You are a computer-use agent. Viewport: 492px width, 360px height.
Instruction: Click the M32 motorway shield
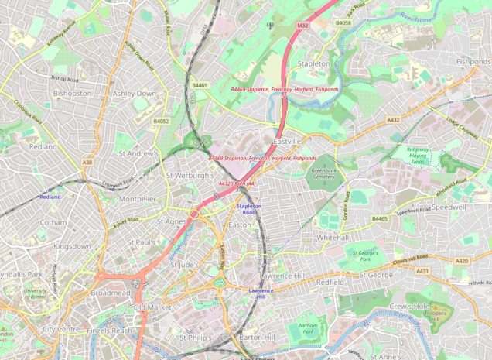tap(302, 26)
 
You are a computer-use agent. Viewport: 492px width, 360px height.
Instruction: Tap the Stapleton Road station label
tap(249, 208)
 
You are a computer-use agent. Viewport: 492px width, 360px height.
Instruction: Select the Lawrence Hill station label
tap(261, 293)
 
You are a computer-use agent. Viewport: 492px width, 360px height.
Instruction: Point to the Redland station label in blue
tap(50, 197)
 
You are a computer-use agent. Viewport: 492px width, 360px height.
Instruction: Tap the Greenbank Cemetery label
tap(323, 173)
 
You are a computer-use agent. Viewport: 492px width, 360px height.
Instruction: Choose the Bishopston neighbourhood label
tap(72, 93)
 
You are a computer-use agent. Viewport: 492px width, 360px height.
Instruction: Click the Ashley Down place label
tap(134, 93)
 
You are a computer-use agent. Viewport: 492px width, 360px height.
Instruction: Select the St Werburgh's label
tap(190, 175)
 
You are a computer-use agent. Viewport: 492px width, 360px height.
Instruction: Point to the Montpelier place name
tap(138, 198)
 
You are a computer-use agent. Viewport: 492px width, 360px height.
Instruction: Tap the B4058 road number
tap(343, 23)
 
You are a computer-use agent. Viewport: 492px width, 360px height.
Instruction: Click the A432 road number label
tap(393, 120)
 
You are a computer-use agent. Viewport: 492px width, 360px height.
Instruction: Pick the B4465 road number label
tap(379, 219)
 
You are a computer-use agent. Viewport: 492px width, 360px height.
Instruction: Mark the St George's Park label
tap(366, 255)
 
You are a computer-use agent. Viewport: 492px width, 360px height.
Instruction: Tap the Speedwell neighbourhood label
tap(449, 207)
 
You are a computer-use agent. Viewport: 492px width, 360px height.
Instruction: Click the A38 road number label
tap(87, 162)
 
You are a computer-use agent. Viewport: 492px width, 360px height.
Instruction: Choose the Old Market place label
tap(152, 307)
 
